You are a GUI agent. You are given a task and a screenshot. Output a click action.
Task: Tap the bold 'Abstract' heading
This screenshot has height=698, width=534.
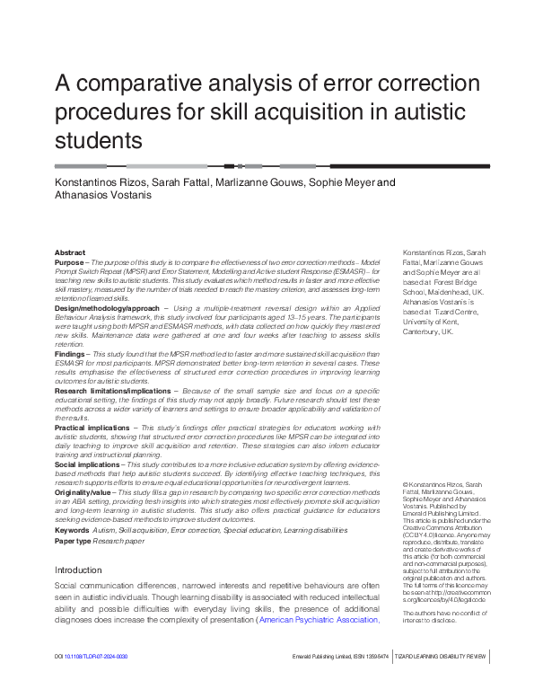[70, 253]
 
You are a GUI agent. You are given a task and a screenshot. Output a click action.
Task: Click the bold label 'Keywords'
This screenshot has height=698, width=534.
[72, 530]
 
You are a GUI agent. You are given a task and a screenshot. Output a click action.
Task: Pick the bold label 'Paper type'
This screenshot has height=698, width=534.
[74, 541]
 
